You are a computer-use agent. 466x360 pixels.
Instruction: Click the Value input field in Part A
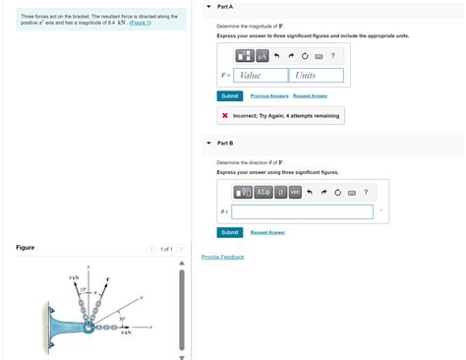(x=262, y=76)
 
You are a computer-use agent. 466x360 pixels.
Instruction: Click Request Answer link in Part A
(x=310, y=96)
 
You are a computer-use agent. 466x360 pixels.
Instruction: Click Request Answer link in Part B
(x=267, y=232)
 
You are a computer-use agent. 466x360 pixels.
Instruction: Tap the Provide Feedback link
(x=222, y=257)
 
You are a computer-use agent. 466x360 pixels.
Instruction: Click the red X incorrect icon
(x=225, y=115)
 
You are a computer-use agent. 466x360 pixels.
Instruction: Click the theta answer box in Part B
(x=303, y=211)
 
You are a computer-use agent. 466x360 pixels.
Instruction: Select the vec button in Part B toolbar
(x=295, y=192)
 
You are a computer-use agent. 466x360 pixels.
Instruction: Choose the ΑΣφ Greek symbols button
(x=262, y=192)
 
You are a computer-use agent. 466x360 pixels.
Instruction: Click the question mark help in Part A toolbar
(x=333, y=55)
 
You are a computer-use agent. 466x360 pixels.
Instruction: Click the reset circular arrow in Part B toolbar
(x=337, y=192)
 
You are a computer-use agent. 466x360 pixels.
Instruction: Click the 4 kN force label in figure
(x=74, y=278)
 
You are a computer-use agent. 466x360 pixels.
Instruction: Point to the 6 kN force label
(x=126, y=333)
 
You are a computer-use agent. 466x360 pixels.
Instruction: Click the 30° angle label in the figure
(x=121, y=319)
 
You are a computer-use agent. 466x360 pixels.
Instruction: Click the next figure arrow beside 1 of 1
(x=181, y=249)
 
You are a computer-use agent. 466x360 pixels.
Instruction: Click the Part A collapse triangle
(x=209, y=6)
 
